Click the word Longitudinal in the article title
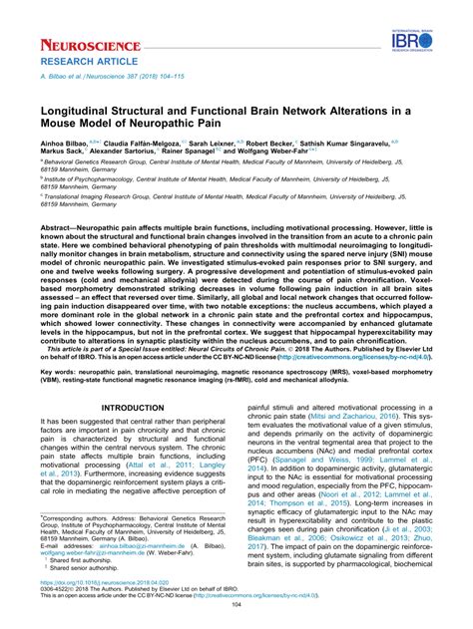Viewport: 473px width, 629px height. click(81, 116)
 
